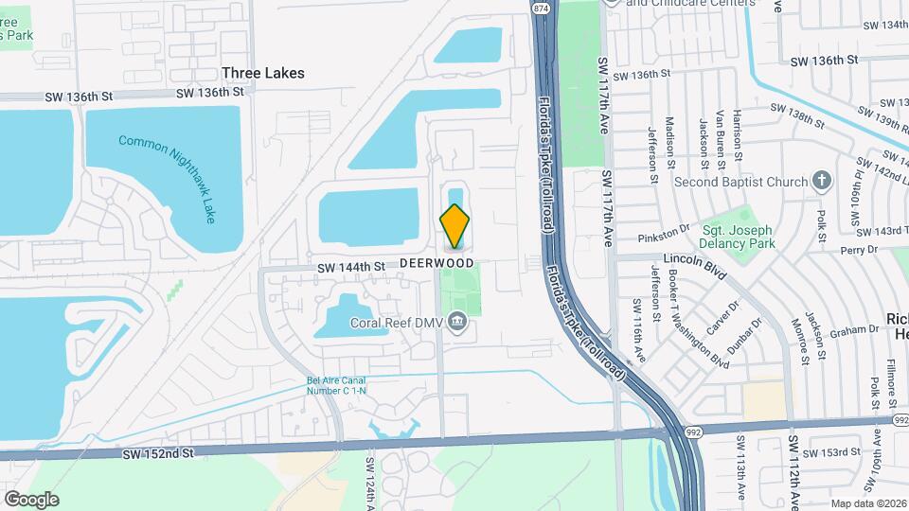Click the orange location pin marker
pyautogui.click(x=454, y=225)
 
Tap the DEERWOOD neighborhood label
pyautogui.click(x=437, y=262)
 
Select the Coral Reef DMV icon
pyautogui.click(x=458, y=323)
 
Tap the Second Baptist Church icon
pyautogui.click(x=822, y=181)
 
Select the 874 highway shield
pyautogui.click(x=541, y=9)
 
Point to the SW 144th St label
pyautogui.click(x=351, y=268)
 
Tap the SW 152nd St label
pyautogui.click(x=157, y=454)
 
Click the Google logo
pyautogui.click(x=31, y=499)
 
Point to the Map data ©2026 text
pyautogui.click(x=867, y=503)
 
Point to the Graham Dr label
pyautogui.click(x=855, y=330)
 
